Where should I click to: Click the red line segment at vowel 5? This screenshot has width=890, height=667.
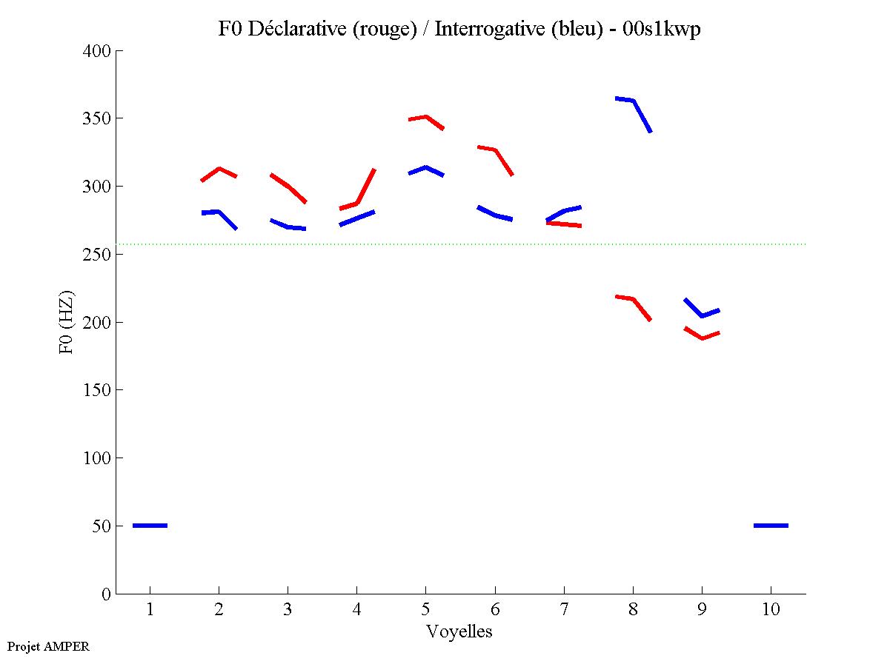click(425, 117)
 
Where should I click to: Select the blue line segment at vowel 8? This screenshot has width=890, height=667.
click(633, 101)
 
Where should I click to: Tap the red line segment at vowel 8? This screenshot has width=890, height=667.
click(633, 299)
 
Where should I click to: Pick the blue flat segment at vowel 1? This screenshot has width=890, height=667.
click(150, 526)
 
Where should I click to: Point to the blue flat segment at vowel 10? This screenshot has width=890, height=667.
click(771, 526)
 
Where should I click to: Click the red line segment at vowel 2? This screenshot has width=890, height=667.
click(219, 170)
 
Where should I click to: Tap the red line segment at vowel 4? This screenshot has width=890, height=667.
click(358, 202)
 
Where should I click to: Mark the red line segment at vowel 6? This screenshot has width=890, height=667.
click(495, 151)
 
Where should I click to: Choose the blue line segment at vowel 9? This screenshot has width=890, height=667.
click(701, 315)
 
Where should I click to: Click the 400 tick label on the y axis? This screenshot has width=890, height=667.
click(97, 51)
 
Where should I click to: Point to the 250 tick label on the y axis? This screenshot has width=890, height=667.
click(97, 254)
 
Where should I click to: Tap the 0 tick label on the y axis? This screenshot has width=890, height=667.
click(107, 594)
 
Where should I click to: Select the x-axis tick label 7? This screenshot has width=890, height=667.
click(564, 611)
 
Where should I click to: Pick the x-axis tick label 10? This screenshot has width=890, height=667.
click(771, 611)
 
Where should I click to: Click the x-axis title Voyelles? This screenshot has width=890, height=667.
click(459, 631)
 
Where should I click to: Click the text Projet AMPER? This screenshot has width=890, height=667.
click(48, 646)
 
